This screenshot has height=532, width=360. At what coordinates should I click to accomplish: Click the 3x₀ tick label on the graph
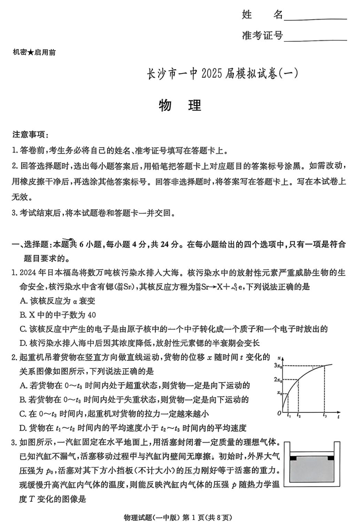[278, 365]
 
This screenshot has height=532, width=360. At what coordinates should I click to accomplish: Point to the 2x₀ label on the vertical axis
[278, 380]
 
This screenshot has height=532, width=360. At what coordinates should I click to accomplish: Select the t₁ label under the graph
[289, 416]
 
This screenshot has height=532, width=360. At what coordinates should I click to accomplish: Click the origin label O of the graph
[279, 413]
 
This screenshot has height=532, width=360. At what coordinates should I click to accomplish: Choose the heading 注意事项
[31, 135]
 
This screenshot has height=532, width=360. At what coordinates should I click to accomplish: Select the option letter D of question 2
[23, 428]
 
